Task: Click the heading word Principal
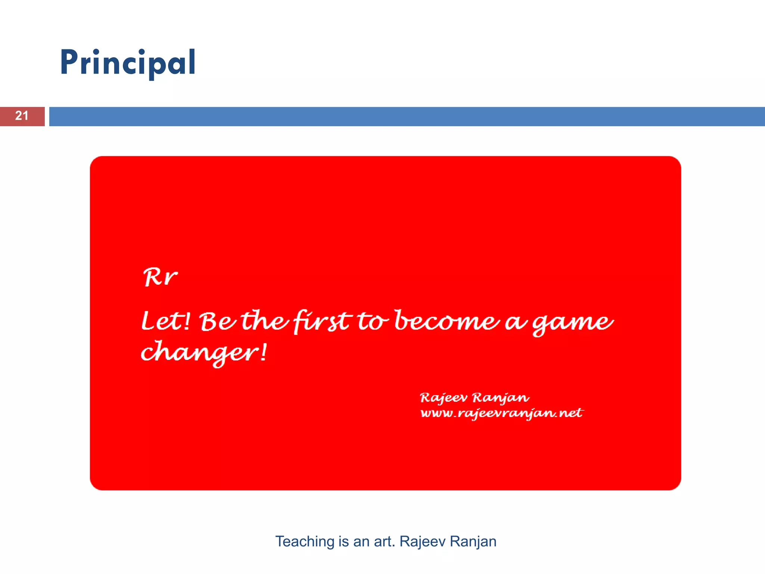tap(128, 63)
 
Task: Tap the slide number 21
tap(22, 116)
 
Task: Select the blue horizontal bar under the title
tap(406, 117)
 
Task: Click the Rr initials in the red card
tap(160, 277)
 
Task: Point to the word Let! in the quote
tap(166, 321)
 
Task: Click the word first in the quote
tap(322, 321)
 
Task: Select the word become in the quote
tap(447, 321)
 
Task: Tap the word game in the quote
tap(572, 322)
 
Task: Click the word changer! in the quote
tap(204, 352)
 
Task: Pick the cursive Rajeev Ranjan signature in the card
tap(474, 398)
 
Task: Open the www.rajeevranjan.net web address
tap(501, 413)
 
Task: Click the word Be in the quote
tap(217, 321)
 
